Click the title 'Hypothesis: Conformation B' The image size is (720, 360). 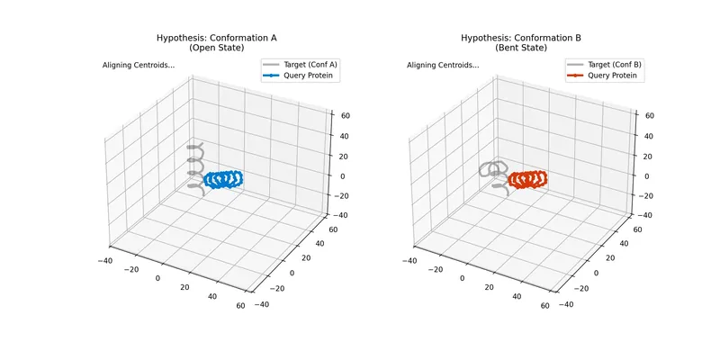521,38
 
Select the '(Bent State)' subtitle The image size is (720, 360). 521,48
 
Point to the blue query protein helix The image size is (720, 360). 223,179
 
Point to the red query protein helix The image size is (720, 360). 527,179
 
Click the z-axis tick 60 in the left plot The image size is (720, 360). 341,114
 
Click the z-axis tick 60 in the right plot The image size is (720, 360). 645,114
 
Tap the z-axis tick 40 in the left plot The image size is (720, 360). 341,135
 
